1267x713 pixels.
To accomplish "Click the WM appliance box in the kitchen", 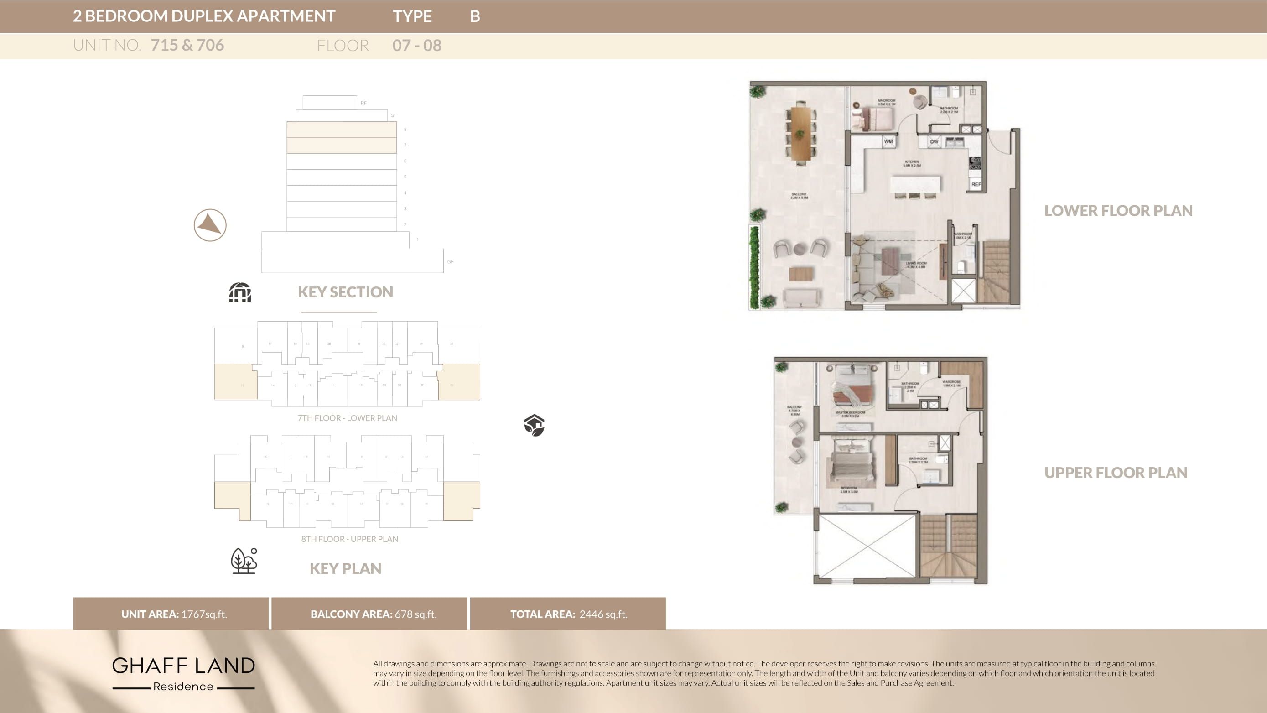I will pos(888,142).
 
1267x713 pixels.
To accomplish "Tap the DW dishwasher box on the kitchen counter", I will pos(934,142).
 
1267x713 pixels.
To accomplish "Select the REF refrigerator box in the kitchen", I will pos(976,184).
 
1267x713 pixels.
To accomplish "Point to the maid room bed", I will pos(878,119).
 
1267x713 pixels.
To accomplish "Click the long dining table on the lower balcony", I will pos(801,134).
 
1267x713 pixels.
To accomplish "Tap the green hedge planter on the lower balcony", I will pos(754,267).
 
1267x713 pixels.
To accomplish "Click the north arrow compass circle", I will pos(210,225).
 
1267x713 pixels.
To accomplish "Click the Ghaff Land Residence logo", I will pos(183,673).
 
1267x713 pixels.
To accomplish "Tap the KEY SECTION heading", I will pos(345,292).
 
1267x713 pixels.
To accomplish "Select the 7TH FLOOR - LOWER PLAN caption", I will pos(347,418).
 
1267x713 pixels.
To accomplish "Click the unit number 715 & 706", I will pos(187,45).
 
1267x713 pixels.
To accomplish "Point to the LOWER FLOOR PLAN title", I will pos(1118,211).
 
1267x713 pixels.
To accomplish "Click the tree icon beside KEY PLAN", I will pos(244,561).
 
